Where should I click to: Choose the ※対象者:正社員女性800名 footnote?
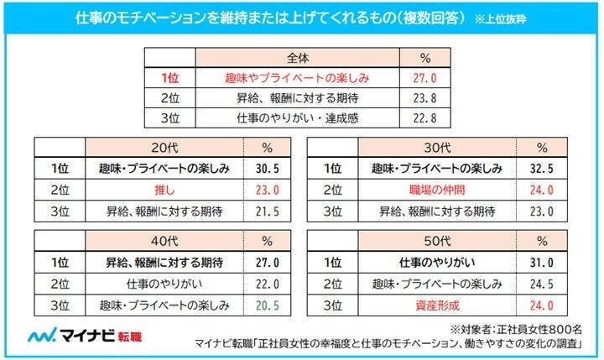(x=523, y=326)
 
